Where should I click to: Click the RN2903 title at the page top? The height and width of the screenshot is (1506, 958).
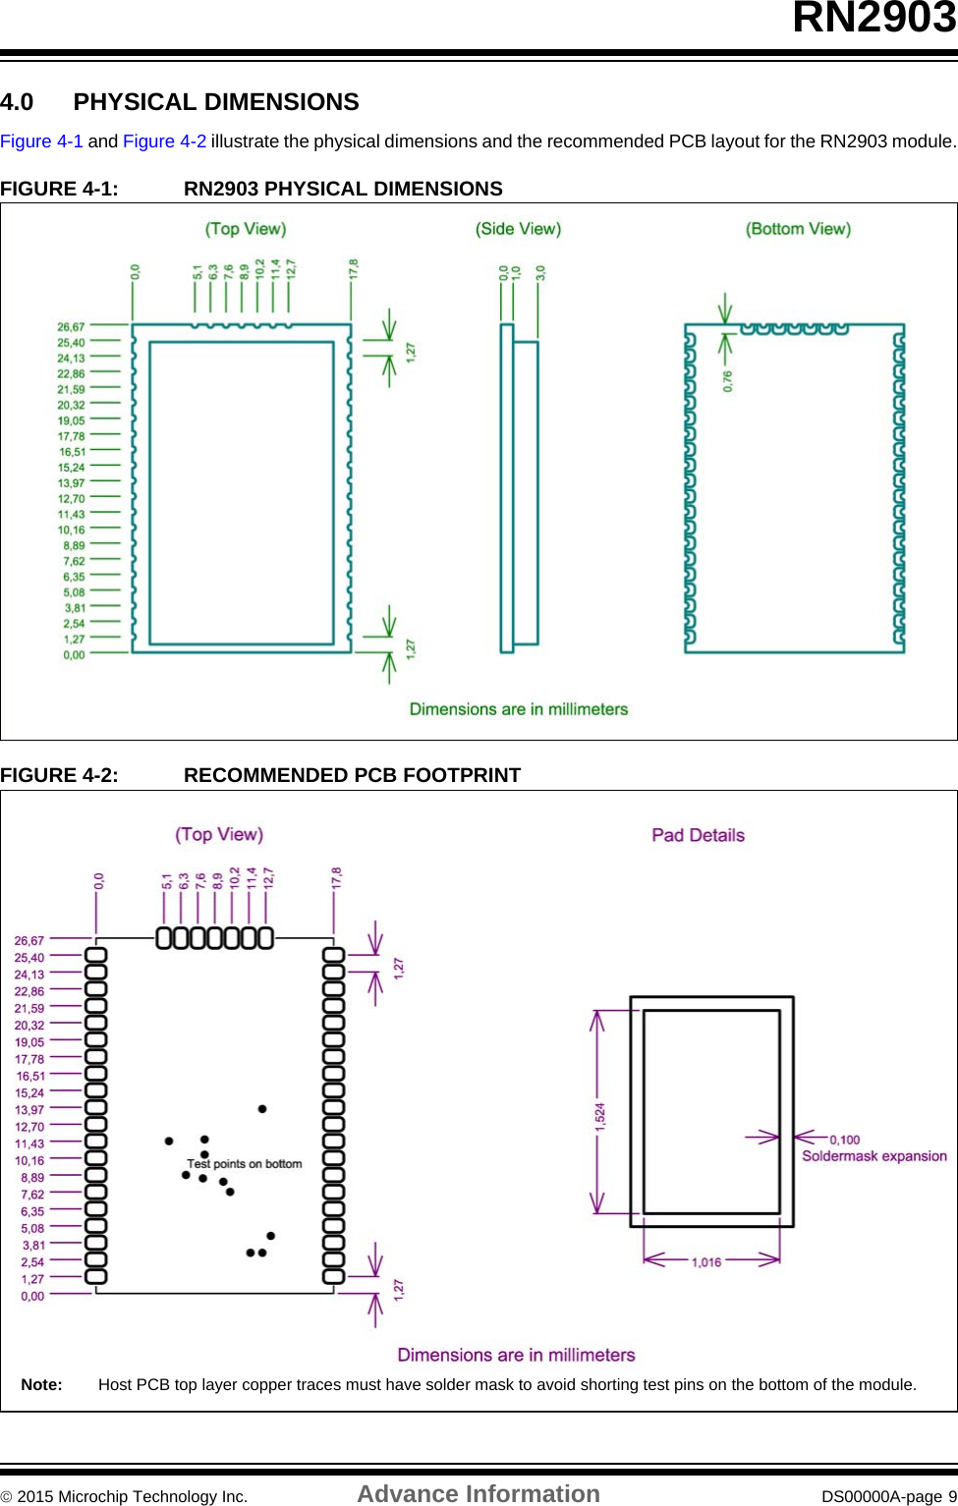click(873, 18)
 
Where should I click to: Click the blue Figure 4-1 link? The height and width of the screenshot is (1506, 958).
click(41, 141)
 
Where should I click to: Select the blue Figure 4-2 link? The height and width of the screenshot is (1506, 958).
click(164, 141)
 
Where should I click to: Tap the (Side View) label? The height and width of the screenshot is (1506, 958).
click(518, 229)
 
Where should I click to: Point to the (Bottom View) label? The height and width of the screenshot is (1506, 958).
click(798, 229)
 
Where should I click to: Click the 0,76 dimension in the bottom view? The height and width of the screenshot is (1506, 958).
click(728, 380)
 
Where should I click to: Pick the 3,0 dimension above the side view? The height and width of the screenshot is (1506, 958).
click(540, 273)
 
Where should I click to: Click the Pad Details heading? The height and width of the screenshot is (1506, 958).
click(698, 835)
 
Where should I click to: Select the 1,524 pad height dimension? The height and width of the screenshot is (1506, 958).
click(600, 1117)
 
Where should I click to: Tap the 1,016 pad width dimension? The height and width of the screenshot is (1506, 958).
click(705, 1262)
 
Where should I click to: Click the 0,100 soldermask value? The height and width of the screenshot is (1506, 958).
click(844, 1140)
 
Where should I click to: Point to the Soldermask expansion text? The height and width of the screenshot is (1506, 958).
click(873, 1156)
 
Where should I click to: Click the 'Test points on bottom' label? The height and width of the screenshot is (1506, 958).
click(245, 1164)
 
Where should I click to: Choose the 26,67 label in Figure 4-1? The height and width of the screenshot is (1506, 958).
click(71, 327)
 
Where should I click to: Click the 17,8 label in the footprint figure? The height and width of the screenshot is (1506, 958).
click(336, 878)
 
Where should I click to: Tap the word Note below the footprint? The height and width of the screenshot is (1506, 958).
click(41, 1384)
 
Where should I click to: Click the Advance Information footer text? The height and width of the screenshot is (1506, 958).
click(478, 1494)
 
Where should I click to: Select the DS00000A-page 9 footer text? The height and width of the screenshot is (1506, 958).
click(888, 1496)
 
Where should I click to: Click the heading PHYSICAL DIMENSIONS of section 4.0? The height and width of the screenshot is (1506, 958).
click(216, 102)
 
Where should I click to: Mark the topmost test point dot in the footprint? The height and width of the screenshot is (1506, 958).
click(262, 1108)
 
